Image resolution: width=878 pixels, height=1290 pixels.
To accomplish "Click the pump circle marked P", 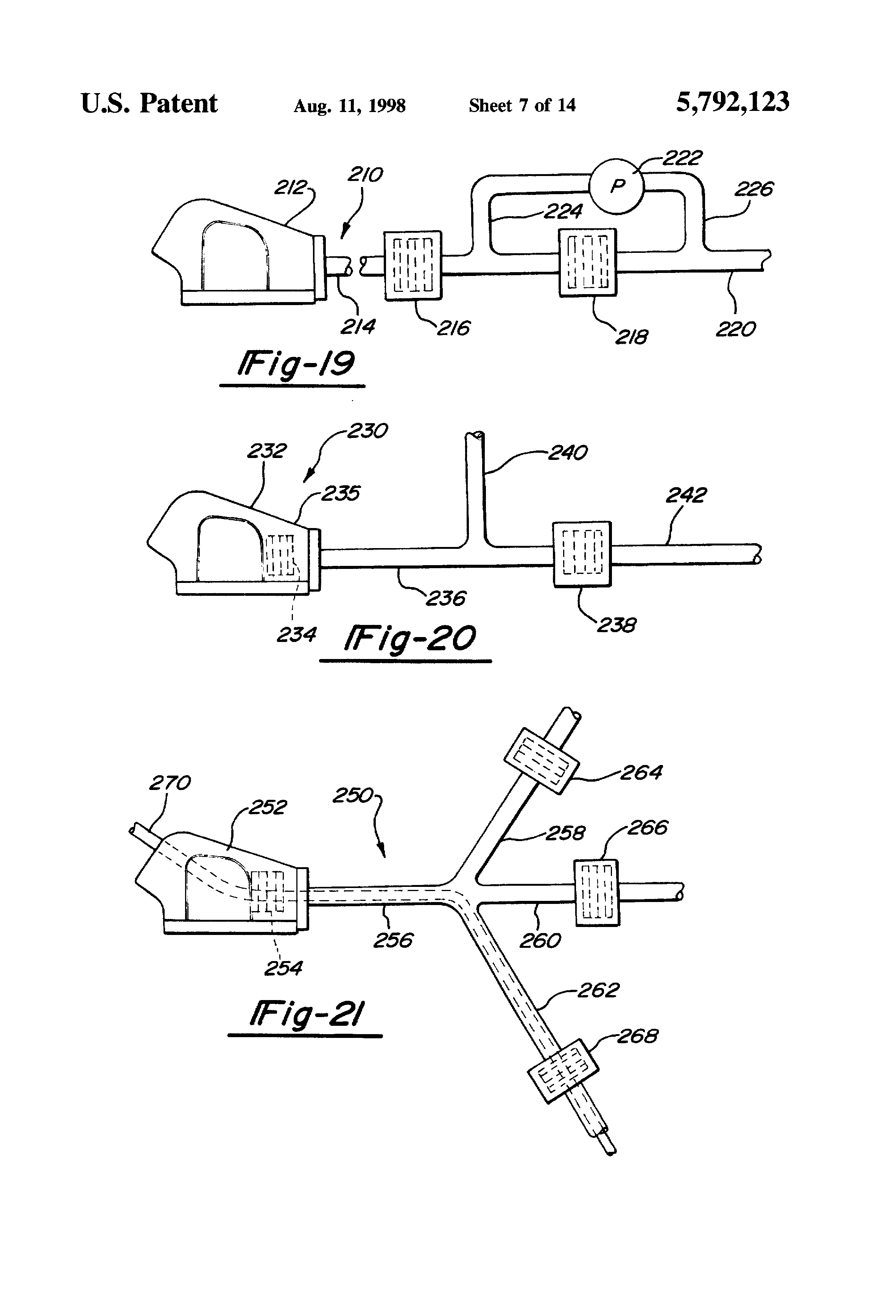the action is pos(616,186).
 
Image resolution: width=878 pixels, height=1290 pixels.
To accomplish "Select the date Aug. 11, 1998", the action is pos(350,106).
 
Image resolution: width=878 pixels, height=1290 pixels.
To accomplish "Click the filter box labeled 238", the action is pos(582,554).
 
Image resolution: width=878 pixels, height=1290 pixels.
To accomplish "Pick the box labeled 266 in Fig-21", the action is pos(596,893).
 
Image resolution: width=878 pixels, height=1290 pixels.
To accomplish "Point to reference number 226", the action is pos(754,189).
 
